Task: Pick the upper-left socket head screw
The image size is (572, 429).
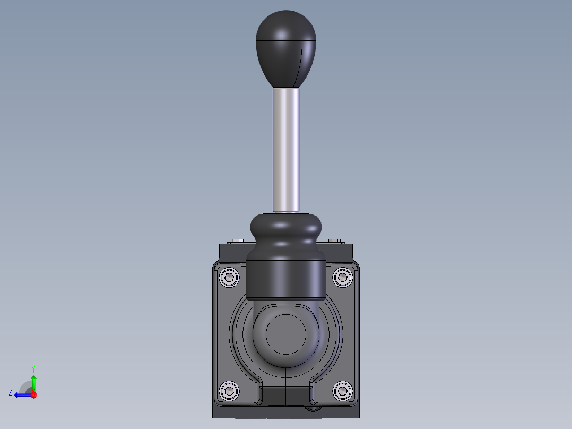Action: click(x=229, y=277)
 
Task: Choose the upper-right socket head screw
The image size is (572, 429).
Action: click(x=343, y=277)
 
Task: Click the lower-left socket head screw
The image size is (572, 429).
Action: click(x=229, y=391)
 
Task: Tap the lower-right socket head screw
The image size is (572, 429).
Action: click(x=343, y=391)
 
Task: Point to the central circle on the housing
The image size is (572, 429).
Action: click(x=286, y=334)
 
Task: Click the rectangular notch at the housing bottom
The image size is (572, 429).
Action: click(x=286, y=395)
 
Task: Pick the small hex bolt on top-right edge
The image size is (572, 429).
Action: click(x=334, y=241)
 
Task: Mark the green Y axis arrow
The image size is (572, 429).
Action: click(x=33, y=382)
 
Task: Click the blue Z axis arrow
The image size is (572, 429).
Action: click(x=21, y=395)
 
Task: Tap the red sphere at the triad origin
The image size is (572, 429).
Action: click(x=33, y=395)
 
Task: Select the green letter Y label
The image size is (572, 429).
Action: click(x=33, y=368)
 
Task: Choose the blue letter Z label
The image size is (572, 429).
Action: click(x=11, y=392)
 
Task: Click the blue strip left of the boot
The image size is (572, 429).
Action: click(x=241, y=244)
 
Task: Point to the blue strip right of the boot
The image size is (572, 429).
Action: click(x=329, y=244)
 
